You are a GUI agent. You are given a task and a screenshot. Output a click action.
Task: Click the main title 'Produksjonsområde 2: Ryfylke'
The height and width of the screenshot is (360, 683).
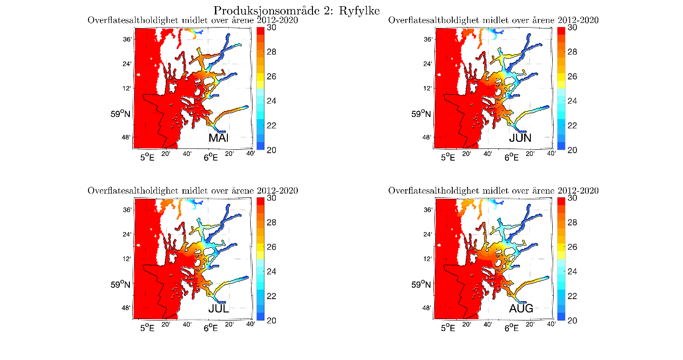[297, 10]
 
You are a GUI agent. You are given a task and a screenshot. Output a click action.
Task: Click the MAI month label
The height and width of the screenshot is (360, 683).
[219, 138]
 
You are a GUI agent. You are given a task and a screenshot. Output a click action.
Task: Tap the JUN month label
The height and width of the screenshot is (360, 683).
[520, 138]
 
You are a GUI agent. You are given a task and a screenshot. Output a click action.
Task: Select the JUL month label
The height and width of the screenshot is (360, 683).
[219, 309]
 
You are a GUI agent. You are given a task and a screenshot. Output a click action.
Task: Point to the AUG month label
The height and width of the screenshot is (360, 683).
[521, 309]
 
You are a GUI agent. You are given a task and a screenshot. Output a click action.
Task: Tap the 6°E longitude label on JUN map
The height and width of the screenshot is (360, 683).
[511, 157]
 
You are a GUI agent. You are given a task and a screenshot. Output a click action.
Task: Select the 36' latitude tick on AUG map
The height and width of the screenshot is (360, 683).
[428, 210]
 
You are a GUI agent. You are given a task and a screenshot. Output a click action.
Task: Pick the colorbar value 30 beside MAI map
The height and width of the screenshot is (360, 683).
[272, 28]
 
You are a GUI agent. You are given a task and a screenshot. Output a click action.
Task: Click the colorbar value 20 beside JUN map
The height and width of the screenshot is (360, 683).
[572, 150]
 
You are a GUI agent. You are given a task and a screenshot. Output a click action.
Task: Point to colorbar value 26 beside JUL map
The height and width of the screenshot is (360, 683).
[272, 247]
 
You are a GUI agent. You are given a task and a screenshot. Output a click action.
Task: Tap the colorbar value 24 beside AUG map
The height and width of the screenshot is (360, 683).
[572, 271]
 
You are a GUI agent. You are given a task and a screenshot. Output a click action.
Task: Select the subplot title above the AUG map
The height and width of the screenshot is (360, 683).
[493, 191]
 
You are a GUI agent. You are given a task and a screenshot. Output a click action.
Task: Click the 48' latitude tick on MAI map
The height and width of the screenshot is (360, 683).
[127, 137]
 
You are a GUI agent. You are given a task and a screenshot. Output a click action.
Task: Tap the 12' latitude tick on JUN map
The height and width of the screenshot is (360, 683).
[428, 88]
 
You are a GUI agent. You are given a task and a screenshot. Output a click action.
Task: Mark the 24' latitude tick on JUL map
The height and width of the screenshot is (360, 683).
[127, 234]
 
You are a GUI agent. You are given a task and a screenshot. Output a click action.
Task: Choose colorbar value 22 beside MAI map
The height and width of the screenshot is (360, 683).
[272, 125]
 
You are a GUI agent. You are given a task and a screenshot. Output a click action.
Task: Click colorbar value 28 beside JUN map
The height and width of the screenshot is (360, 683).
[572, 52]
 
